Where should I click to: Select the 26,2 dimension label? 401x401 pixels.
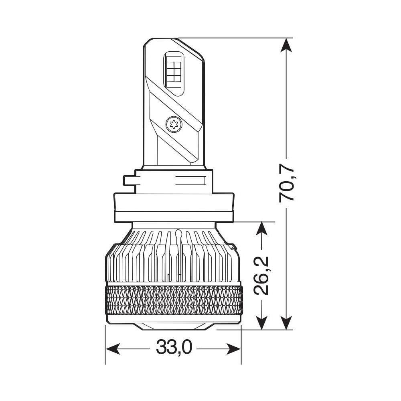[261, 276]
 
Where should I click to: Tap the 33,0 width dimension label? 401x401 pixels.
[174, 348]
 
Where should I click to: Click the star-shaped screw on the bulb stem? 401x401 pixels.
[174, 124]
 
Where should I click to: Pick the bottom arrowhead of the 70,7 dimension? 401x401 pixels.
[286, 323]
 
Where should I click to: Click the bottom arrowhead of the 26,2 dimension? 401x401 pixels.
[261, 323]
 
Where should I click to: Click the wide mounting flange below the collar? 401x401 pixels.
[174, 207]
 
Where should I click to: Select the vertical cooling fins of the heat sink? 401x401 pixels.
[174, 257]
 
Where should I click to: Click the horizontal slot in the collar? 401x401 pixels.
[188, 180]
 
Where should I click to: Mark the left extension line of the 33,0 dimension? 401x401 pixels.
[105, 345]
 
